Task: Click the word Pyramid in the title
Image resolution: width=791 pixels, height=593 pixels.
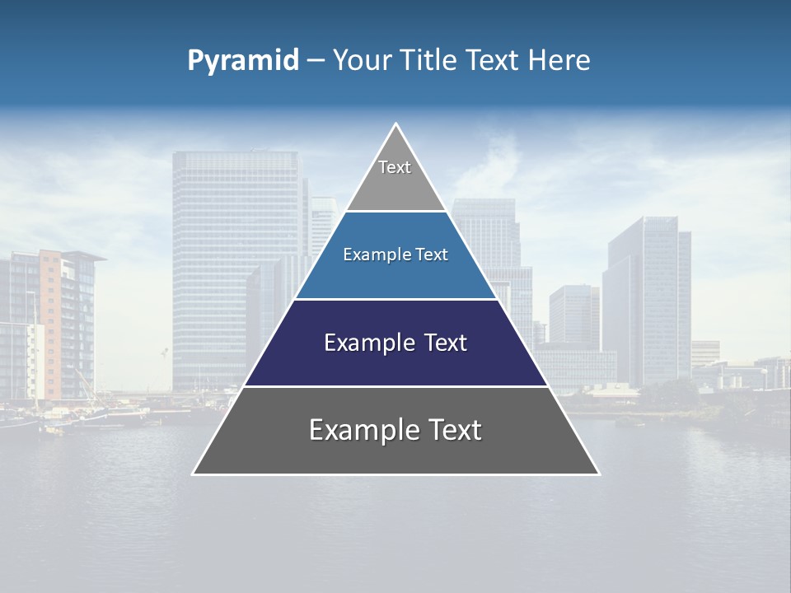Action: tap(243, 60)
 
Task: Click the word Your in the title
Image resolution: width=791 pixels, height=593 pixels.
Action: tap(363, 60)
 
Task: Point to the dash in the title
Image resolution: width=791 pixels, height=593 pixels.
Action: tap(316, 60)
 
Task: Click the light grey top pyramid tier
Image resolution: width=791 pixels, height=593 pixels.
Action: tap(395, 185)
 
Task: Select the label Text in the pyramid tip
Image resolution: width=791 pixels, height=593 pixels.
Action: tap(395, 167)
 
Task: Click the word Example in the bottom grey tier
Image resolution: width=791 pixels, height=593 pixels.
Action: tap(359, 430)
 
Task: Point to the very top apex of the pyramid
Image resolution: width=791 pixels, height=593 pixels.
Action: tap(396, 124)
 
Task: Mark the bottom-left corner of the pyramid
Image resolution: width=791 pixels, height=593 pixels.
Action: tap(194, 474)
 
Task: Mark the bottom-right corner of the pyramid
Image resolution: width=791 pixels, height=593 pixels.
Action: tap(598, 474)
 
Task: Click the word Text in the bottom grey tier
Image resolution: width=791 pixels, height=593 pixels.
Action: tap(452, 430)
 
